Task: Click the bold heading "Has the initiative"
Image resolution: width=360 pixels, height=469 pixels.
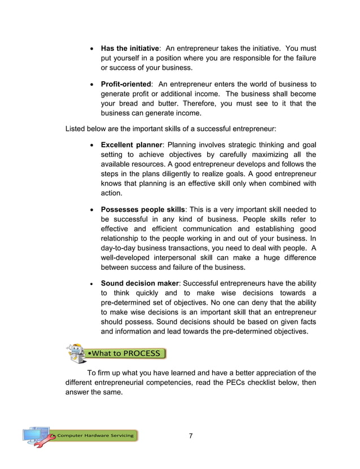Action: (x=130, y=48)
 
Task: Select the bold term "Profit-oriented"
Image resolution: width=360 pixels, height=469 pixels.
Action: (x=126, y=84)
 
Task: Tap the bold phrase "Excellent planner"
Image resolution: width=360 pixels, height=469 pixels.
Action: (x=130, y=145)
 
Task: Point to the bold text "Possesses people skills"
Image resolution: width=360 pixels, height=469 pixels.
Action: (x=143, y=209)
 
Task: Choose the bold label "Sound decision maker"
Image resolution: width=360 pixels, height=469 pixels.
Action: (x=140, y=283)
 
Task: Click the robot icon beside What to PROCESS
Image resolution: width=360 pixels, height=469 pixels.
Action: (x=76, y=353)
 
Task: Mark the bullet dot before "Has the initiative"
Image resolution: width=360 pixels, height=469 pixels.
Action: (x=92, y=49)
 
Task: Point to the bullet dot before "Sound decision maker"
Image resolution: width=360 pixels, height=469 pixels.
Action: (x=92, y=283)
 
